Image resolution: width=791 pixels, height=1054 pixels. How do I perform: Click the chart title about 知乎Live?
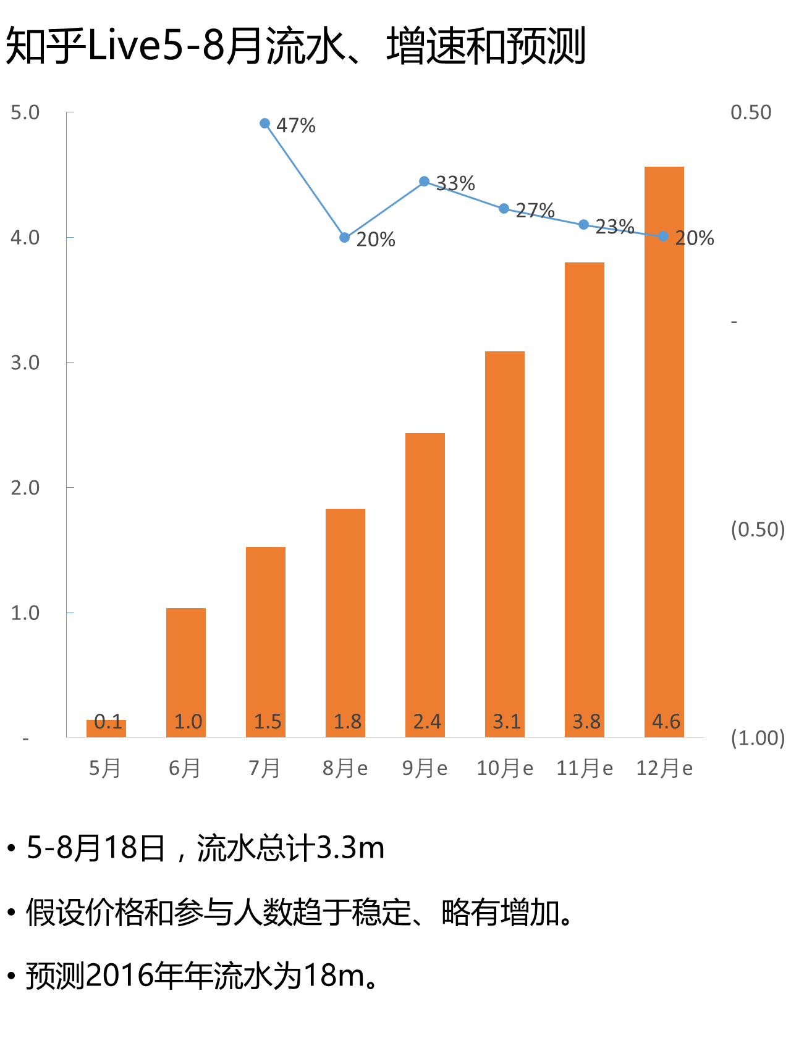(295, 46)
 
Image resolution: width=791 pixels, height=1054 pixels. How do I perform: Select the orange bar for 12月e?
(664, 451)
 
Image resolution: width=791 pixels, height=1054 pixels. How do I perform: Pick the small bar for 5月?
(106, 729)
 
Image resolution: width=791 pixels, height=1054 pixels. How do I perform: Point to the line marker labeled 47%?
(265, 123)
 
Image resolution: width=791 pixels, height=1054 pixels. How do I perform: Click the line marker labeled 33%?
(425, 182)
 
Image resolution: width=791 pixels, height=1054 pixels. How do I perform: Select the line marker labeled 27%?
(504, 209)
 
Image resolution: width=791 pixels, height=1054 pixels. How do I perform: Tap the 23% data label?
(615, 227)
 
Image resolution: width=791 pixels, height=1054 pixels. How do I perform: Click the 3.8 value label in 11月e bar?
(586, 721)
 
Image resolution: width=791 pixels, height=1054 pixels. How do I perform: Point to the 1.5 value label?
(268, 721)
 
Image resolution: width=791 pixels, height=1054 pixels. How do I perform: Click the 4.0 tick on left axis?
(25, 237)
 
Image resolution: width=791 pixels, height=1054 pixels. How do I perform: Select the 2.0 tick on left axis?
(25, 488)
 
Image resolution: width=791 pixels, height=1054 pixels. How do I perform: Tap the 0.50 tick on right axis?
(751, 112)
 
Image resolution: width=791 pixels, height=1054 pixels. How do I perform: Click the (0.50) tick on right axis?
(758, 529)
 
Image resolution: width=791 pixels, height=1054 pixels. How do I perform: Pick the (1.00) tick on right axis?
(758, 738)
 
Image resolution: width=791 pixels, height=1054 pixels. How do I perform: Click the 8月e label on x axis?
(345, 768)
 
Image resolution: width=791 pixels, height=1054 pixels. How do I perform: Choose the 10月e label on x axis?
(504, 768)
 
